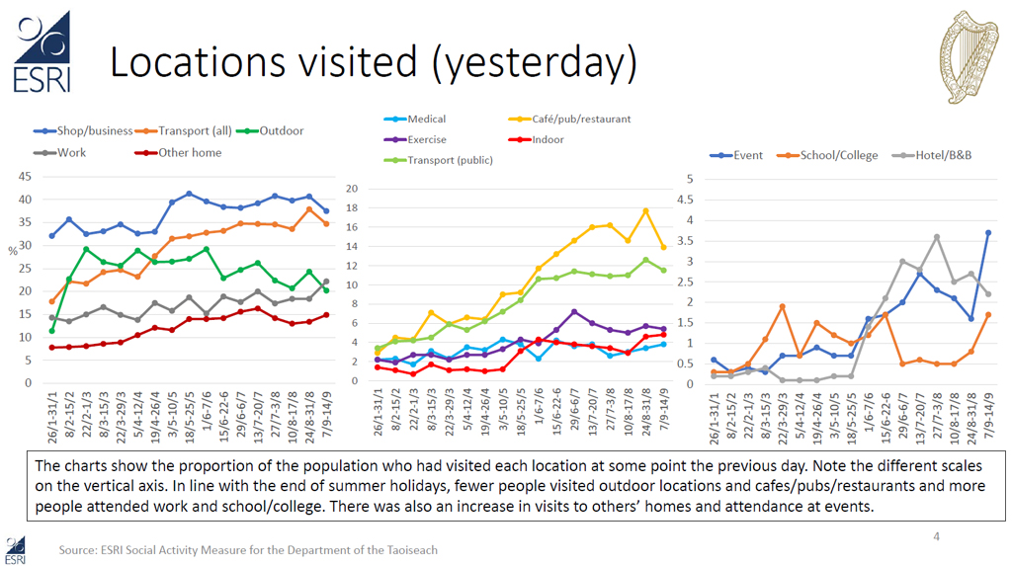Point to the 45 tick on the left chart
click(x=22, y=178)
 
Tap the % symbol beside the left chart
click(x=13, y=252)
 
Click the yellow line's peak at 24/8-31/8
click(x=645, y=210)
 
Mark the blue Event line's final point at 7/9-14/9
click(x=988, y=233)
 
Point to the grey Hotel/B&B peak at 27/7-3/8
click(x=937, y=237)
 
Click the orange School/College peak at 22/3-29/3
click(x=783, y=306)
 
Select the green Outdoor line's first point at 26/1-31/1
click(x=50, y=330)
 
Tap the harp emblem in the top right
click(x=966, y=57)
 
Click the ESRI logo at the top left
click(x=42, y=51)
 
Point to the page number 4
click(x=937, y=536)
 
